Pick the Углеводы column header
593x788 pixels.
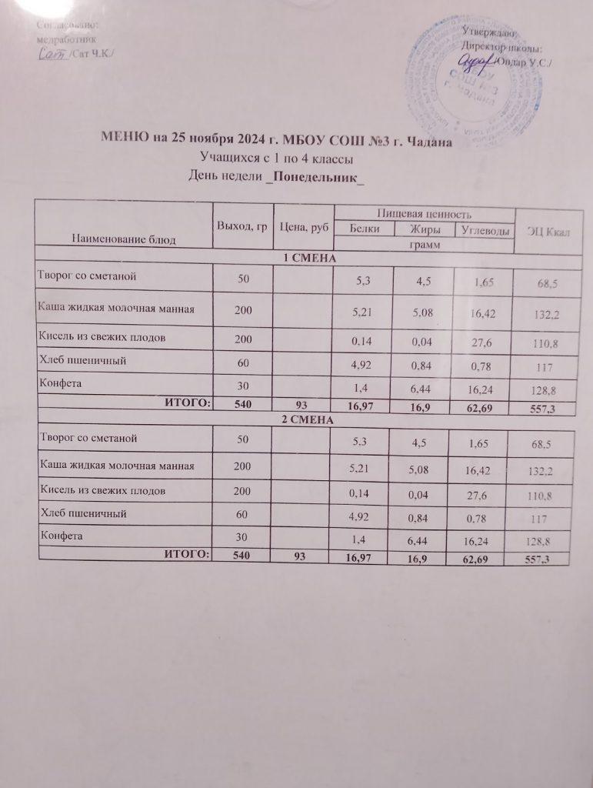(483, 230)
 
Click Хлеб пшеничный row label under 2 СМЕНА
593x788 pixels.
(82, 511)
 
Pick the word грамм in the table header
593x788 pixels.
(424, 245)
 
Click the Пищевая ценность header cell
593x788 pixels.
(423, 212)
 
